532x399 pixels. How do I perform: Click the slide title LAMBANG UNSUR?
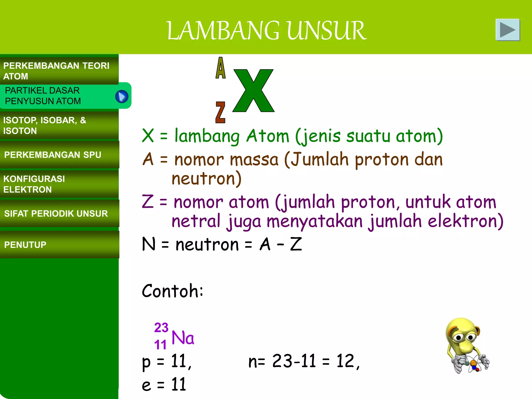point(266,31)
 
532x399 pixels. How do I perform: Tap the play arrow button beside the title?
point(508,30)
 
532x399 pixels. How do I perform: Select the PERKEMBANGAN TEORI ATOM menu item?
point(56,71)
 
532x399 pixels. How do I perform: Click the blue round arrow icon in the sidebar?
point(122,97)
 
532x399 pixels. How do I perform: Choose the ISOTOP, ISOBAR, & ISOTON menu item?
point(45,125)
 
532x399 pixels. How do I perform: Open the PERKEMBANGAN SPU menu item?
point(53,155)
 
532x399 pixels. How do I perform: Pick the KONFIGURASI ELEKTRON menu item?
point(34,184)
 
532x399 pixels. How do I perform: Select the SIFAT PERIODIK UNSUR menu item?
point(56,214)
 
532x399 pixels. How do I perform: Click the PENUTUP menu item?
point(25,245)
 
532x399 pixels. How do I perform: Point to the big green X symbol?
point(254,91)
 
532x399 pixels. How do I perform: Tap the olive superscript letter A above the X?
point(221,68)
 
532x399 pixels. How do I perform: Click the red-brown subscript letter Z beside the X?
point(220,112)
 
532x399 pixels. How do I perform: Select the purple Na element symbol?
point(183,338)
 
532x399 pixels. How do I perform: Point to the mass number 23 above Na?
point(161,328)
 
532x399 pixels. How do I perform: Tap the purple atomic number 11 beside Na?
point(160,345)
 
